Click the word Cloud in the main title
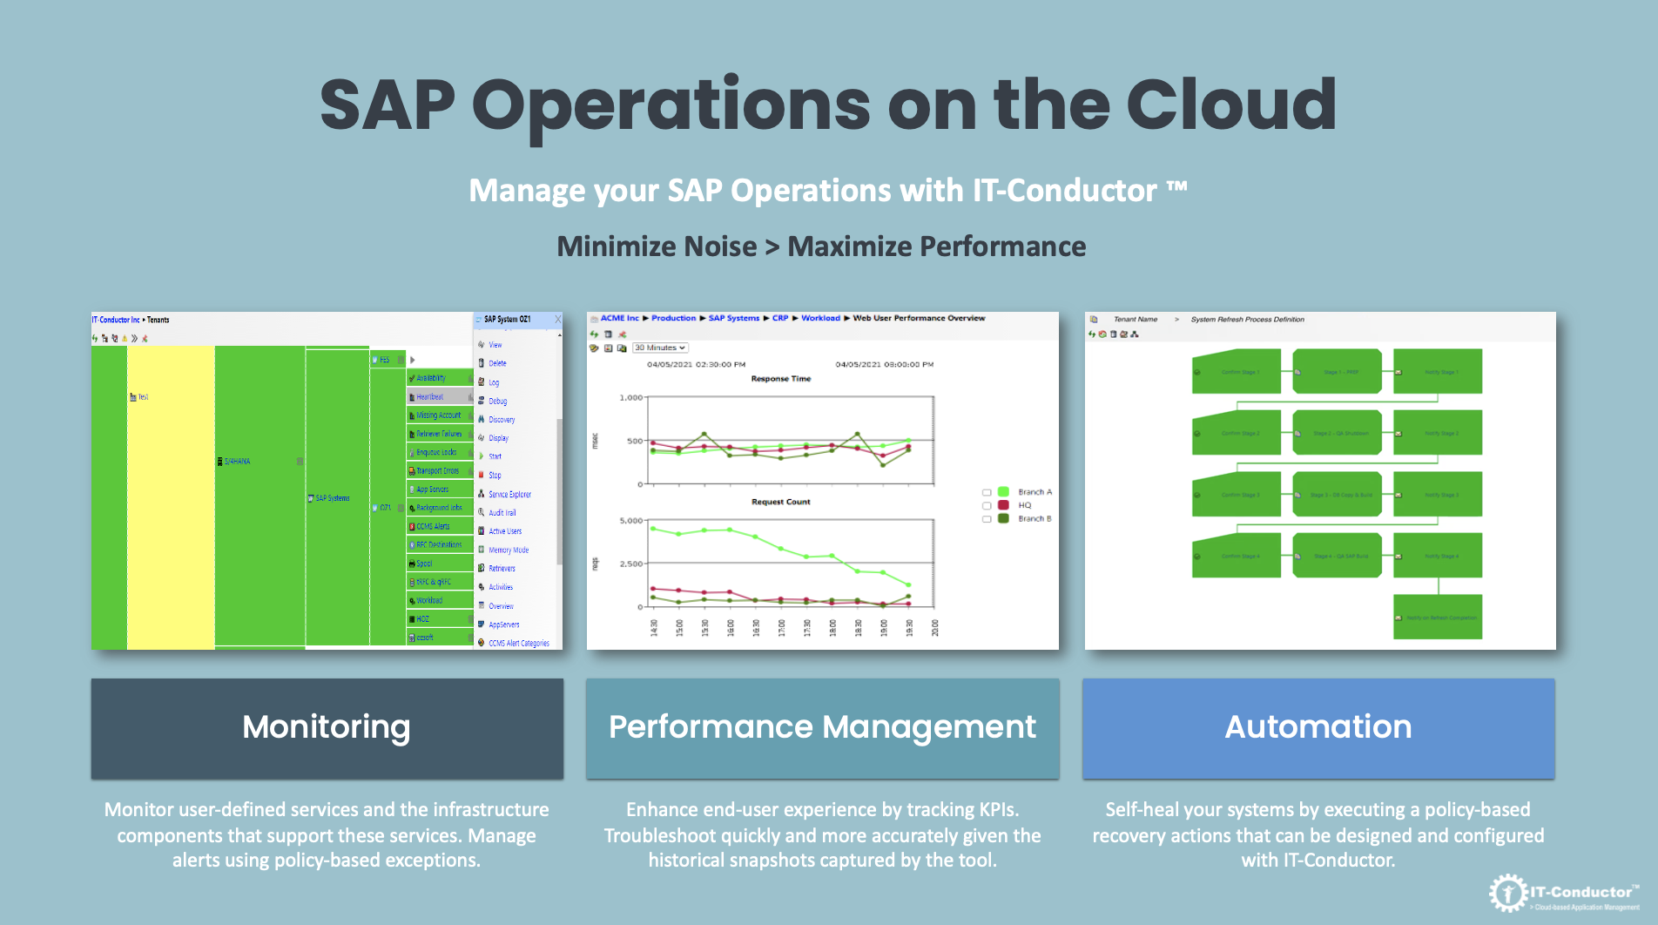pos(1230,105)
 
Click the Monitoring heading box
pos(327,728)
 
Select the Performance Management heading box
pos(822,728)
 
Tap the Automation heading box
pos(1318,728)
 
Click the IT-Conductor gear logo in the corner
pos(1506,893)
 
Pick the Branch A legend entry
pos(1034,492)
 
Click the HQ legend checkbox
pos(987,505)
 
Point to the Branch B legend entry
pos(1034,518)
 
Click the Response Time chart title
pos(780,379)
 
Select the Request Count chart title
pos(780,502)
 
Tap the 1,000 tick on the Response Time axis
pos(630,398)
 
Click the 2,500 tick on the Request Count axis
pos(630,564)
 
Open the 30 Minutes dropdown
pos(660,348)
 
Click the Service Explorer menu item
pos(509,494)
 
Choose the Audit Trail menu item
pos(502,513)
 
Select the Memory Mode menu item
pos(508,550)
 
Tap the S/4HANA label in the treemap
pos(236,462)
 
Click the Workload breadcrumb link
pos(820,318)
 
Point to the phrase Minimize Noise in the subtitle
pos(657,246)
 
